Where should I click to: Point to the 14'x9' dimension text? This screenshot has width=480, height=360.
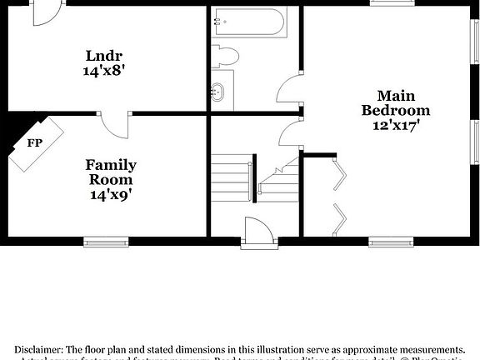(111, 195)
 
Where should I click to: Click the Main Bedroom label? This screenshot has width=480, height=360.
(395, 103)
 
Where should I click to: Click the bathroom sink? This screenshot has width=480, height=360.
(219, 92)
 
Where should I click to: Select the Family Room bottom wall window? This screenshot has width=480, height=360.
(107, 242)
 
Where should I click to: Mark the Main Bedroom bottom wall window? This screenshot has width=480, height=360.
(392, 242)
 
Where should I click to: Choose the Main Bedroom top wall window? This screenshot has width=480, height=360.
(392, 2)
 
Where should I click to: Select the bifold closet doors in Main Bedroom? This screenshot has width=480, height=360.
(340, 196)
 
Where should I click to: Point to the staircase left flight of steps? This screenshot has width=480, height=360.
(231, 177)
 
